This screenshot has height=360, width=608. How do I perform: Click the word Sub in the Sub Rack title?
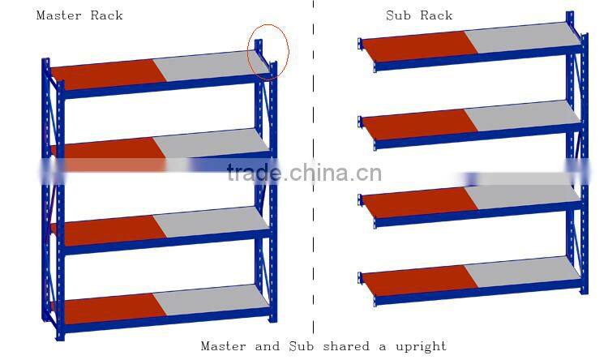398,15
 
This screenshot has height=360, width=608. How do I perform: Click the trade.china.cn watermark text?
304,173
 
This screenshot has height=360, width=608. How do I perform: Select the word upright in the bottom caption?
421,347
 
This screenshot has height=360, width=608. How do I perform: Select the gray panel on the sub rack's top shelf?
519,36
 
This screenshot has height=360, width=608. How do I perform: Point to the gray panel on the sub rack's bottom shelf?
522,269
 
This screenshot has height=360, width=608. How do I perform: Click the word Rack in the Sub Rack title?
436,15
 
